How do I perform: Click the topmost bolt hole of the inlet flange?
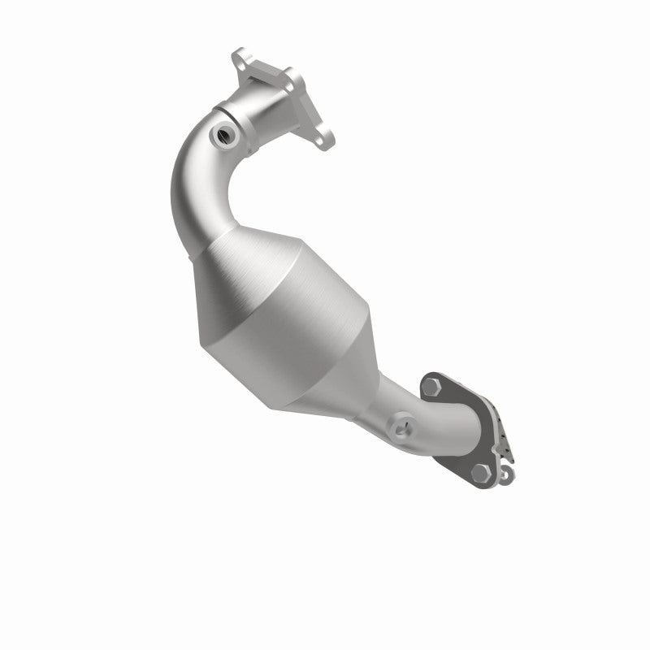point(240,58)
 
